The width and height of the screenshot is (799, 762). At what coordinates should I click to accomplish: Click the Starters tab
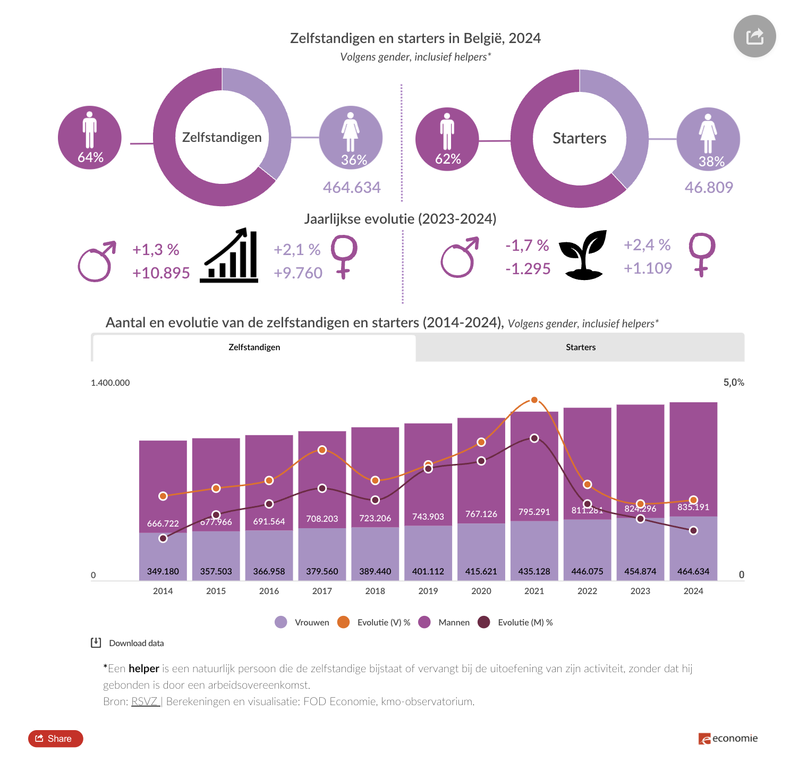pyautogui.click(x=580, y=348)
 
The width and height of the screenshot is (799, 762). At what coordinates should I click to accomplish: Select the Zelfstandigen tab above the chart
pyautogui.click(x=254, y=348)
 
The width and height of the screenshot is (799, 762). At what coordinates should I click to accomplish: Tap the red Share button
pyautogui.click(x=56, y=739)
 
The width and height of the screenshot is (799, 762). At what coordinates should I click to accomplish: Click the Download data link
pyautogui.click(x=136, y=643)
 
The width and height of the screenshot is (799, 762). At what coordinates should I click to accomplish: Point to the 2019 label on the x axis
pyautogui.click(x=428, y=591)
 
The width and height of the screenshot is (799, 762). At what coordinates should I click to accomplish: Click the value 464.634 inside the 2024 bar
pyautogui.click(x=693, y=571)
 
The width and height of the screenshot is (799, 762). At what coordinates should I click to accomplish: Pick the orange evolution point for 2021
pyautogui.click(x=534, y=400)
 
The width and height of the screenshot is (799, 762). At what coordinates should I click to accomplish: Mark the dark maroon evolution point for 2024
pyautogui.click(x=693, y=530)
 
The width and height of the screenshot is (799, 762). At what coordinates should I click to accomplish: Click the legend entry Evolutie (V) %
pyautogui.click(x=383, y=622)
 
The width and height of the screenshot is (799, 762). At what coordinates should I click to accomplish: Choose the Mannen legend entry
pyautogui.click(x=453, y=622)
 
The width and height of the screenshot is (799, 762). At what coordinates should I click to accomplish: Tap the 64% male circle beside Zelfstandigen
pyautogui.click(x=90, y=138)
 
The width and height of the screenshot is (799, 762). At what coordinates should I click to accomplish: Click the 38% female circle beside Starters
pyautogui.click(x=708, y=139)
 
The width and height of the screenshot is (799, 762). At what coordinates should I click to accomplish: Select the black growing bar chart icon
pyautogui.click(x=229, y=256)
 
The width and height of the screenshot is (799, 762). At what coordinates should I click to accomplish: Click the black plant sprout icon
pyautogui.click(x=583, y=255)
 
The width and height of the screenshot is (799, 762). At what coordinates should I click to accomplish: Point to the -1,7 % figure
pyautogui.click(x=527, y=245)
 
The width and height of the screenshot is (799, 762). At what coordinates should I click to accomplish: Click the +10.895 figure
pyautogui.click(x=161, y=273)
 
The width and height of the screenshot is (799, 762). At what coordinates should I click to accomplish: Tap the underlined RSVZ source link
pyautogui.click(x=145, y=701)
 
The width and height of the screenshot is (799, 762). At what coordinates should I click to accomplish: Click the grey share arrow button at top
pyautogui.click(x=754, y=36)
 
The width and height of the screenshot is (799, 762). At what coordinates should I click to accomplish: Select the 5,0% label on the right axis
pyautogui.click(x=733, y=383)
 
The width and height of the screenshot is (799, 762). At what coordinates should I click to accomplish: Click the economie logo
pyautogui.click(x=728, y=739)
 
